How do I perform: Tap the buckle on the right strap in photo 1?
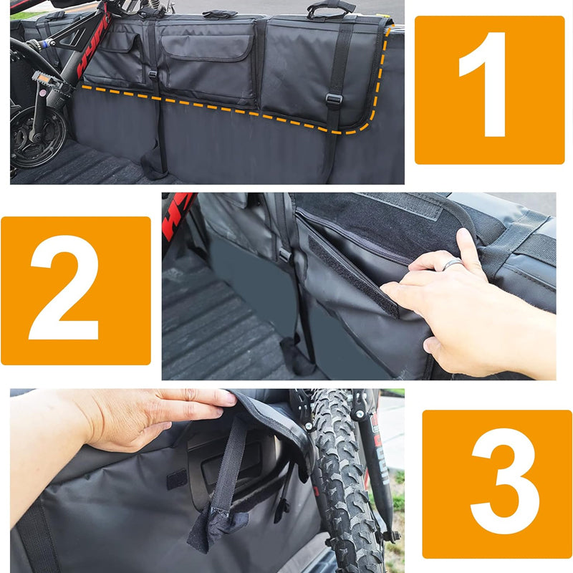coord(333,100)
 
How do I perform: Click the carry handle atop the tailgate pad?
coord(330,8)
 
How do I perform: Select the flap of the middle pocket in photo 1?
coord(206,47)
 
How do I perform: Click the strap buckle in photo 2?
coord(284,254)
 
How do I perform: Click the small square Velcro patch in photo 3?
coord(176,479)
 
